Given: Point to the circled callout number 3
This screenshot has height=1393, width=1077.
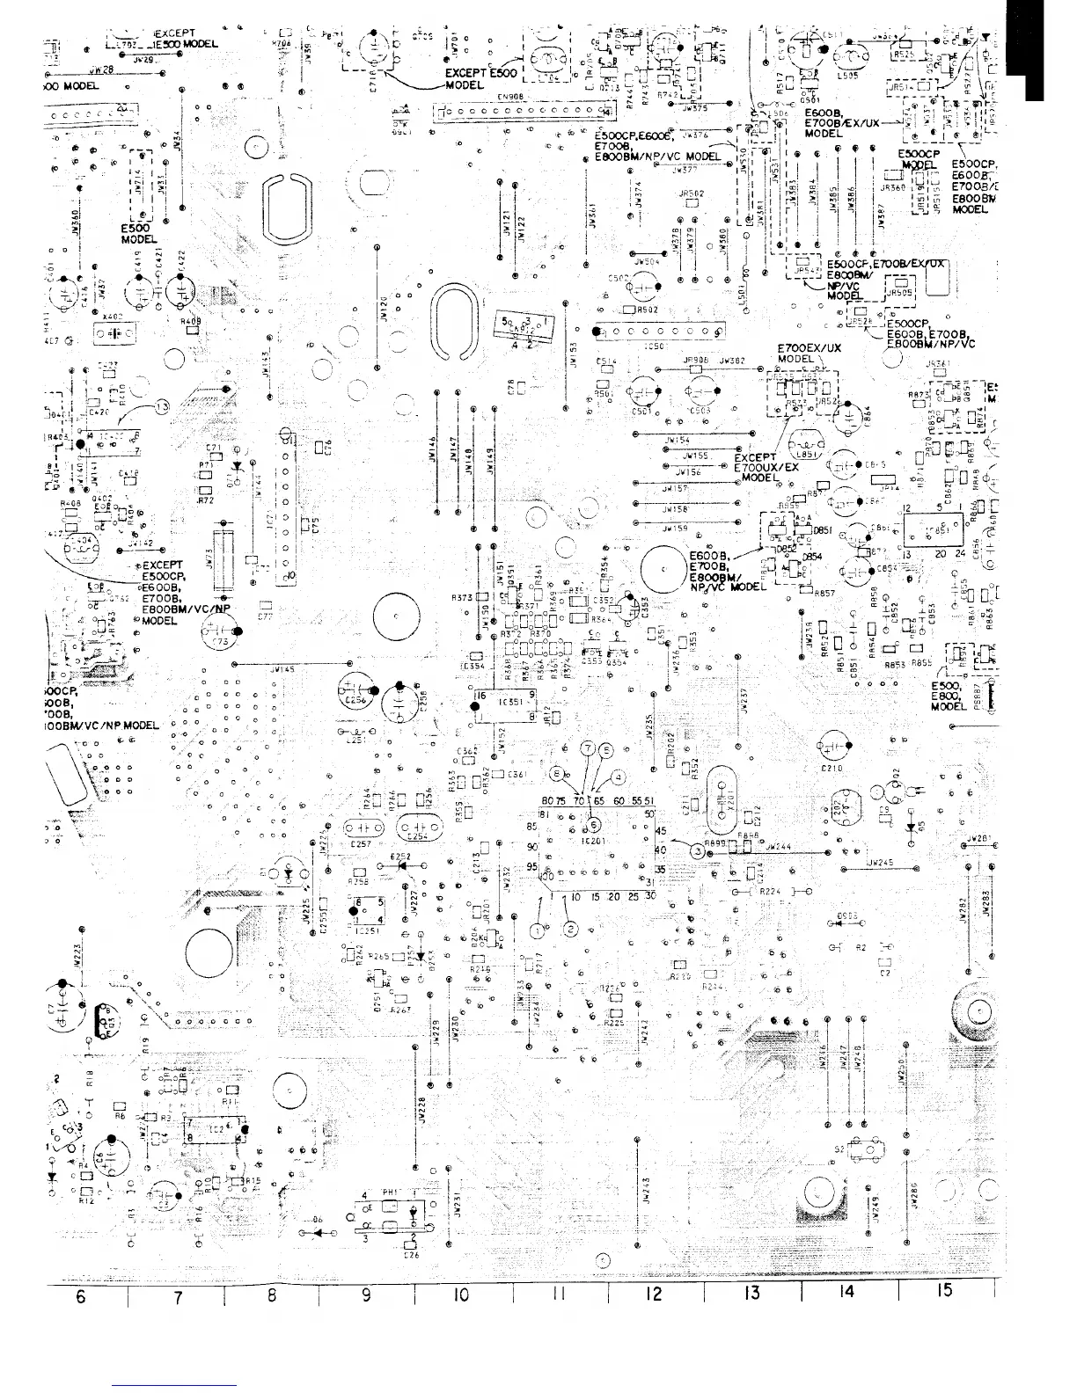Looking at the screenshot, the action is click(697, 850).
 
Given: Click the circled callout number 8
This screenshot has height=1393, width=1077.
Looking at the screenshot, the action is click(556, 773).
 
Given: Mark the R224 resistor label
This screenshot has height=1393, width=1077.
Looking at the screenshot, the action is click(771, 891).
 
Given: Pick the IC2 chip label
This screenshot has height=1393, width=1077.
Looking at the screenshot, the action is click(216, 1128).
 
